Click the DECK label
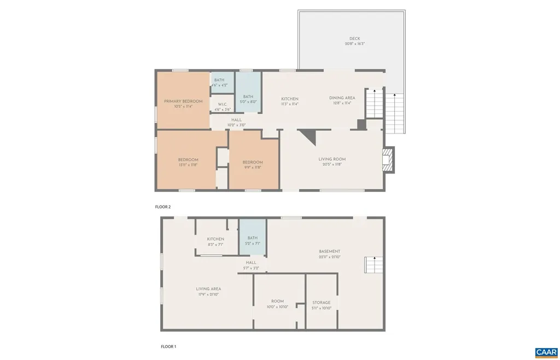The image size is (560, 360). pos(354,38)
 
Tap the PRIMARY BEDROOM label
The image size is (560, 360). pos(183,101)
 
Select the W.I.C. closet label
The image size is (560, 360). pos(222,104)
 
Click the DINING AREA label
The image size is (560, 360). pos(342,98)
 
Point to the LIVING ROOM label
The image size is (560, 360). pos(332,159)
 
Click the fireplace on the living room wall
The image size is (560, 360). pos(388,160)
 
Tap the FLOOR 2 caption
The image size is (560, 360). pos(163,207)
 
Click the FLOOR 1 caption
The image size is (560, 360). pos(168,346)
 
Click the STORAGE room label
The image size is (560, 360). pos(322,303)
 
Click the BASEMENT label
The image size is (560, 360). pos(329,252)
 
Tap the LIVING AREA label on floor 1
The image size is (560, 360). pos(208,289)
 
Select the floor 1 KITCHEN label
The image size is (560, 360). pos(215,239)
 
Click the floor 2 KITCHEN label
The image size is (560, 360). pos(289,99)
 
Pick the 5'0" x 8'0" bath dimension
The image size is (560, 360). pos(248,102)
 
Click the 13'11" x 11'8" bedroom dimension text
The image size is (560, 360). pos(188,165)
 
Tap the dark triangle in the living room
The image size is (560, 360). pos(309,137)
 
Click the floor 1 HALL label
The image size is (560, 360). pos(251,263)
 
